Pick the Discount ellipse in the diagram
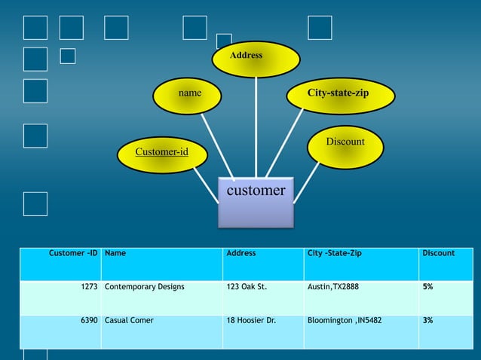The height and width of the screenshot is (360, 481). tap(345, 146)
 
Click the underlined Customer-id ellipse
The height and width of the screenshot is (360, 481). tap(161, 154)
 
